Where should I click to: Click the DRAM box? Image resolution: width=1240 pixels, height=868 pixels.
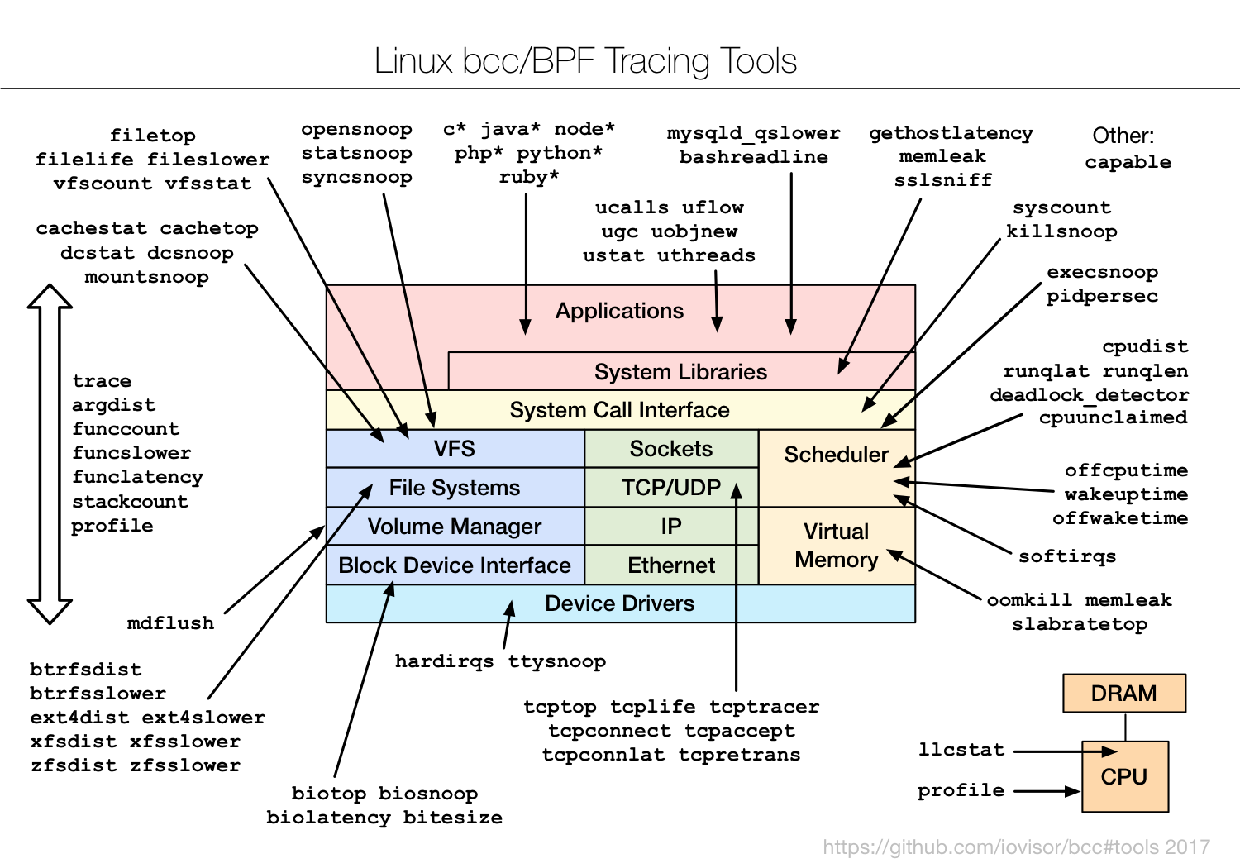(x=1123, y=694)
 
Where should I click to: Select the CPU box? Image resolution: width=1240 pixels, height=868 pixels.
(x=1124, y=777)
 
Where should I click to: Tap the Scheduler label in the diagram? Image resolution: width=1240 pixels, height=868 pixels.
(x=836, y=455)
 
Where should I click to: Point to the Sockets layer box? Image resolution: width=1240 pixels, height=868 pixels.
(x=671, y=449)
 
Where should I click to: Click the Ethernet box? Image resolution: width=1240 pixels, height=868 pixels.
(x=671, y=565)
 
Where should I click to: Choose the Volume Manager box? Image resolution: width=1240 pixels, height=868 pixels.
(x=455, y=527)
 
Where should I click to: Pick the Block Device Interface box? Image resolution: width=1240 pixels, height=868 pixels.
(x=455, y=565)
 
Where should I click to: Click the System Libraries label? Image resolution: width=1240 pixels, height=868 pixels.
(x=680, y=372)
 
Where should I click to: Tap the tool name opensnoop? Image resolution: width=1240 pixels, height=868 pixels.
(x=356, y=130)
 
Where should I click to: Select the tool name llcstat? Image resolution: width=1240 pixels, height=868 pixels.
(x=961, y=750)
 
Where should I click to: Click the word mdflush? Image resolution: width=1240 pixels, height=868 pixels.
(x=170, y=623)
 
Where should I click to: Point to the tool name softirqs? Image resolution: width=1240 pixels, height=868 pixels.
(x=1066, y=556)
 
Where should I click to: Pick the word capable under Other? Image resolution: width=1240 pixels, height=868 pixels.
(x=1128, y=162)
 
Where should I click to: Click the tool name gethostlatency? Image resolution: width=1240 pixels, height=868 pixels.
(x=951, y=133)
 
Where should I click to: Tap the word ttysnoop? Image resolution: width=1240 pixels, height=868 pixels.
(x=556, y=661)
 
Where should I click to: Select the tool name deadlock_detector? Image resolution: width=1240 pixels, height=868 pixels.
(x=1089, y=395)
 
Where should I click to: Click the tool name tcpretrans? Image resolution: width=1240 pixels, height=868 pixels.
(x=739, y=755)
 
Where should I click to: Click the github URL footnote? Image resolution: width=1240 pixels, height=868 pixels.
(x=1016, y=847)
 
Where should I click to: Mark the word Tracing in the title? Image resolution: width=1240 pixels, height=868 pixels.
(x=657, y=61)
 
